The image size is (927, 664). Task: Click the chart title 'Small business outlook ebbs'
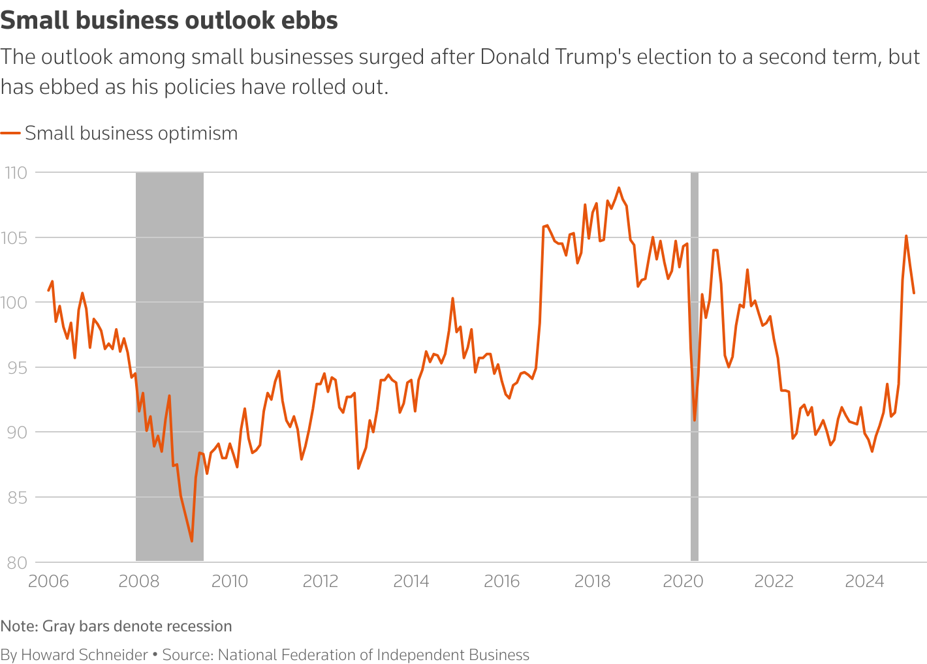tap(169, 21)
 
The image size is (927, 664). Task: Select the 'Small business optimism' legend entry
tap(131, 133)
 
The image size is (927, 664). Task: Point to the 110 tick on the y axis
tap(16, 173)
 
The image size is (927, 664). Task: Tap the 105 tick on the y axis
tap(16, 237)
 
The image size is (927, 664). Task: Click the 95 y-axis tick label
tap(16, 367)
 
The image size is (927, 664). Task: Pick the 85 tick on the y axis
tap(16, 497)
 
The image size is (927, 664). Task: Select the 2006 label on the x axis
tap(48, 581)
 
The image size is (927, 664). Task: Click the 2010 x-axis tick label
tap(230, 581)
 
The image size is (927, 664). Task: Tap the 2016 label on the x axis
tap(501, 581)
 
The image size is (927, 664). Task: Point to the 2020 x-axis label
tap(683, 581)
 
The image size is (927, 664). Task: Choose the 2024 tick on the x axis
tap(864, 581)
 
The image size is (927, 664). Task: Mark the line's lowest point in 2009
tap(191, 541)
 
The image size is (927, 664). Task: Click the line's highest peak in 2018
tap(619, 188)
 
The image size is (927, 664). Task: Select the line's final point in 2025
tap(914, 293)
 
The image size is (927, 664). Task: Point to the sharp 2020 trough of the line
tap(695, 420)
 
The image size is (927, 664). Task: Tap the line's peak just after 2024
tap(906, 235)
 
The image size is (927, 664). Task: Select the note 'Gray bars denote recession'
tap(137, 626)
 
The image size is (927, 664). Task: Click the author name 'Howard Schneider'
tap(84, 655)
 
